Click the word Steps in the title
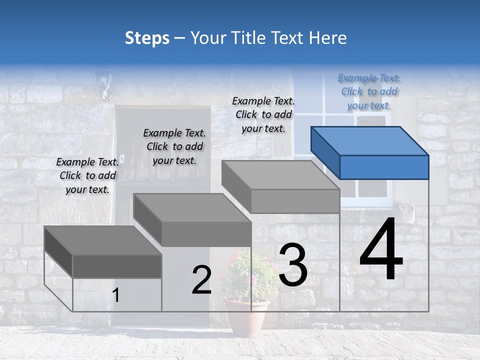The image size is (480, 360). tap(147, 38)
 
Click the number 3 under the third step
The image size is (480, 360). tap(293, 265)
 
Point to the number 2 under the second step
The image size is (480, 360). tap(201, 280)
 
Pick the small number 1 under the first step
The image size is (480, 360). tap(116, 295)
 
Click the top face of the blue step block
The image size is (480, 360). tap(370, 141)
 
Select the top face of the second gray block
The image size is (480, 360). tap(192, 207)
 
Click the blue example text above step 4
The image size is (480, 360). tap(369, 92)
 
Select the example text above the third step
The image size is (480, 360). tap(263, 114)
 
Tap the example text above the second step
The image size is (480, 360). tap(174, 146)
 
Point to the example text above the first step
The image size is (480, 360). tap(87, 175)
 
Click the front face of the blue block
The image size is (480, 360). tap(384, 167)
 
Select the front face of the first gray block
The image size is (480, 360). tap(117, 266)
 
